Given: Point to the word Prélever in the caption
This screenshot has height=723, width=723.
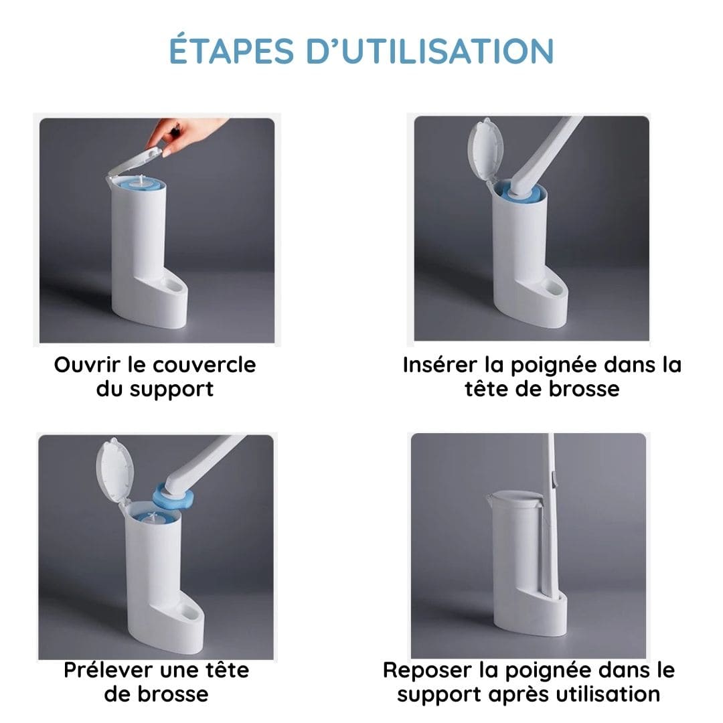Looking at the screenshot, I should tap(109, 669).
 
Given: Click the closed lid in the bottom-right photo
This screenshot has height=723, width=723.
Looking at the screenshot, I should tap(512, 499).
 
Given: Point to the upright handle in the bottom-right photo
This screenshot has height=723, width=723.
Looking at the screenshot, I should tap(551, 509).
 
